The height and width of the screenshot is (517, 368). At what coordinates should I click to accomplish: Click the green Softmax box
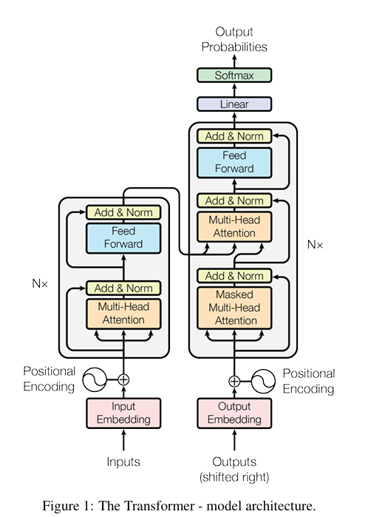[234, 75]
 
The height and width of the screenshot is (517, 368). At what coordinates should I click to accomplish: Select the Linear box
[234, 104]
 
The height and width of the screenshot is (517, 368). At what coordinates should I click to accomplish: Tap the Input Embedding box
[123, 413]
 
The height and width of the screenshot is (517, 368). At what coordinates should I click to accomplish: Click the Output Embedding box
[234, 413]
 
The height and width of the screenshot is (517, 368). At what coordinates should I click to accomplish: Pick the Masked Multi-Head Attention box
[234, 307]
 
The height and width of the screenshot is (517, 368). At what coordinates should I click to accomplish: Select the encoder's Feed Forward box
[123, 238]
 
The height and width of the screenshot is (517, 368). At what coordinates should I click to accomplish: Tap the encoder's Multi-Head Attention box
[123, 314]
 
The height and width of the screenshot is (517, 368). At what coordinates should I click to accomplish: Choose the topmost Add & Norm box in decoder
[234, 136]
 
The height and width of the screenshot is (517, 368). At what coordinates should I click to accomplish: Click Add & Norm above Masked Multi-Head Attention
[234, 276]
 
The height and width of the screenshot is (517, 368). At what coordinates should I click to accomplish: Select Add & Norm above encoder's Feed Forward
[123, 212]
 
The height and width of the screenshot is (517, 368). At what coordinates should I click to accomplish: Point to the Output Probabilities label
[234, 39]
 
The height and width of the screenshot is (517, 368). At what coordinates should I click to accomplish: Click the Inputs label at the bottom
[123, 462]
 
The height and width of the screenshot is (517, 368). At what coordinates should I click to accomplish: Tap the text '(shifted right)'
[234, 476]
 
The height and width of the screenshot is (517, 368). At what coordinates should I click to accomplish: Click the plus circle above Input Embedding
[123, 379]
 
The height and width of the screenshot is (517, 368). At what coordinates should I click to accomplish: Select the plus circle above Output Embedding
[234, 381]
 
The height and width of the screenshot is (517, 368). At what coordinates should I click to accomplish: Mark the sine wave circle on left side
[95, 379]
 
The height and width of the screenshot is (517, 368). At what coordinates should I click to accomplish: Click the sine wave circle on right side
[264, 381]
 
